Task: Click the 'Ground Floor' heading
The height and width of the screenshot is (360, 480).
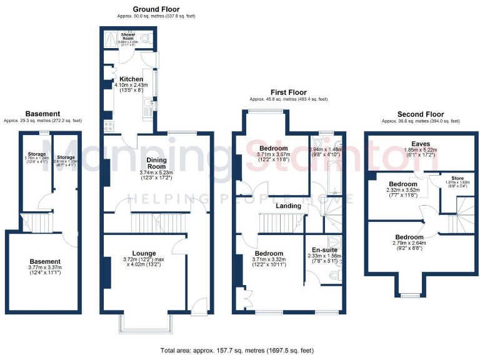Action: pyautogui.click(x=156, y=9)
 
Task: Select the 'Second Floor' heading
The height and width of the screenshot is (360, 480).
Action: pyautogui.click(x=421, y=114)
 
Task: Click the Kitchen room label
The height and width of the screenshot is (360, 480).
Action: pyautogui.click(x=131, y=79)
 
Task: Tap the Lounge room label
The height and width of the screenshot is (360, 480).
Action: pyautogui.click(x=143, y=252)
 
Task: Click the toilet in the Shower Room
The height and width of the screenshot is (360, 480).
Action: pyautogui.click(x=145, y=39)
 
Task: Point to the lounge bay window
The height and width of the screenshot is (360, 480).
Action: pyautogui.click(x=144, y=324)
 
